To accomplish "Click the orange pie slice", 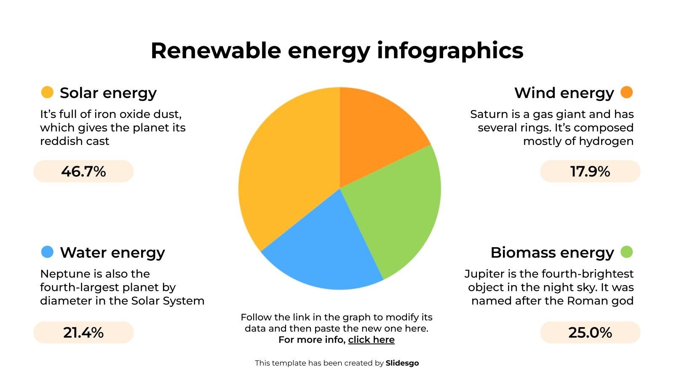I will [x=375, y=135].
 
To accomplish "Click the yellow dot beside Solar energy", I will [x=47, y=92].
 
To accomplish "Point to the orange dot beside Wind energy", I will [x=626, y=92].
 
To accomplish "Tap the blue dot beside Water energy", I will [x=47, y=252].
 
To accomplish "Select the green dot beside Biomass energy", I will [x=626, y=252].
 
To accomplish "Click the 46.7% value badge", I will [x=83, y=171].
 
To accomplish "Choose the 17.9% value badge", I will [x=590, y=171].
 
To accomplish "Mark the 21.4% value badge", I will [x=83, y=333].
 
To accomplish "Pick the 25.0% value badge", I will [x=590, y=333].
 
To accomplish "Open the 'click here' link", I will [x=371, y=340].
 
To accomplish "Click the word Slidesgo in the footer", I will [x=402, y=363].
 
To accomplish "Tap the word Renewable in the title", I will [x=215, y=51].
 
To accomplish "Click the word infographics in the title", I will [x=450, y=51].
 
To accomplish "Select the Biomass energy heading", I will [x=552, y=253].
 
